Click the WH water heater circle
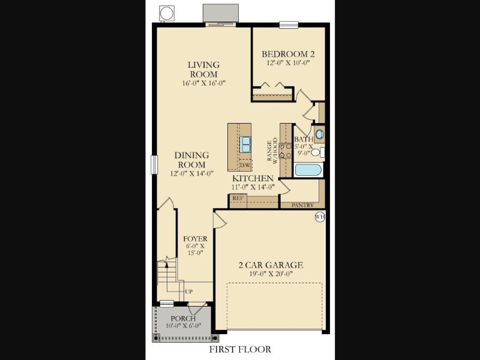point(320,217)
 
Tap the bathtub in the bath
point(308,170)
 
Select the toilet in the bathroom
point(317,152)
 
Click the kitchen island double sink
point(245,144)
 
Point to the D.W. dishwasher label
point(245,166)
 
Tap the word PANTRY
point(302,205)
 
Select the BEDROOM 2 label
point(288,54)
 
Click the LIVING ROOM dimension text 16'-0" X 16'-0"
point(204,83)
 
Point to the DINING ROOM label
point(191,160)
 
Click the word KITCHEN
point(253,178)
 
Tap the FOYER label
point(196,239)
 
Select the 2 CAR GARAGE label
point(271,265)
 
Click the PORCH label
point(183,319)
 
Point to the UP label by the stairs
point(188,292)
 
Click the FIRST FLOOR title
point(241,349)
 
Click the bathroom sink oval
point(319,134)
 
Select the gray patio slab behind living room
point(221,13)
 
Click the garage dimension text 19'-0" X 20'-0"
point(271,274)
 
